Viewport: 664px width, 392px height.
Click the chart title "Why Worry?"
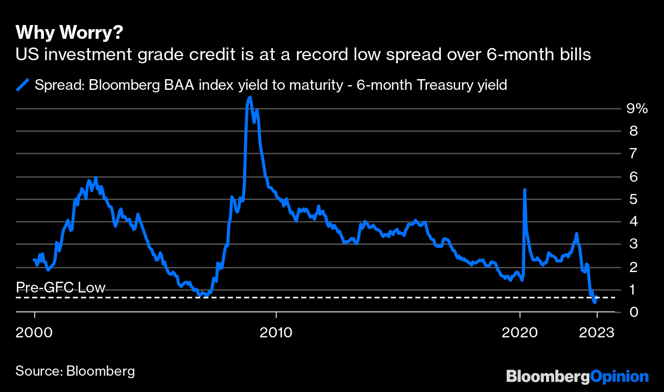(x=69, y=33)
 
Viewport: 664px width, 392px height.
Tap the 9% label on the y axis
(x=637, y=108)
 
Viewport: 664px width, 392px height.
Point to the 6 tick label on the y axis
(x=633, y=176)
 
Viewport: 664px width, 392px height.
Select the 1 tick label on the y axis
(x=633, y=289)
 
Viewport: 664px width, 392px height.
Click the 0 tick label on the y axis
(x=633, y=311)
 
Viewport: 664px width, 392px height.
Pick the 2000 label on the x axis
(x=35, y=332)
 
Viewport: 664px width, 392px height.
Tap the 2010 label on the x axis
(x=276, y=332)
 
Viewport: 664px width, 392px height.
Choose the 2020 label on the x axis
(x=520, y=332)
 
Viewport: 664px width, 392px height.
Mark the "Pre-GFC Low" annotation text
(x=61, y=287)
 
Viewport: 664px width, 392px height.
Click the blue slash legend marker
(x=22, y=85)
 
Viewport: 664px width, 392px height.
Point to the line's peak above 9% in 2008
(x=249, y=97)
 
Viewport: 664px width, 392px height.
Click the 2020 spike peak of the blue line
(x=525, y=189)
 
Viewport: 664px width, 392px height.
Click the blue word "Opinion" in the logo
(x=620, y=377)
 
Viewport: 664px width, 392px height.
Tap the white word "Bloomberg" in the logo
(x=548, y=377)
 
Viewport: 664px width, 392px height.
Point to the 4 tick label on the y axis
(x=633, y=222)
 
